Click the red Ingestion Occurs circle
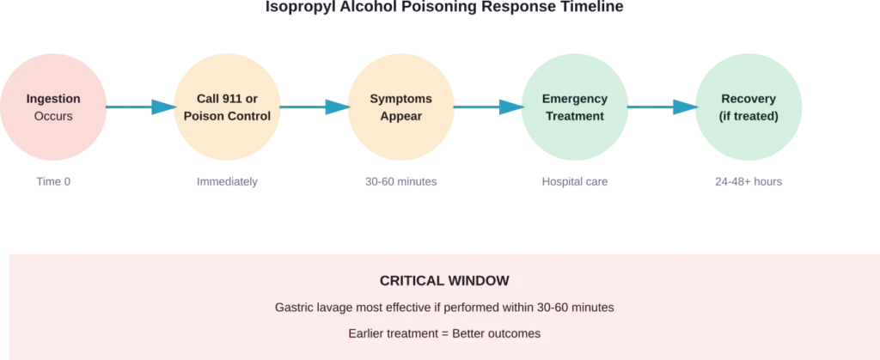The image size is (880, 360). (53, 107)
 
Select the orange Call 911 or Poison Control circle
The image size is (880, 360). (227, 107)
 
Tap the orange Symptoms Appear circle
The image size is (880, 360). (400, 107)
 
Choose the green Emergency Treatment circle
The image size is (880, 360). (574, 107)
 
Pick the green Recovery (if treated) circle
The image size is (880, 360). (748, 107)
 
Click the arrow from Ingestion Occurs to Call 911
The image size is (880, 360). (139, 107)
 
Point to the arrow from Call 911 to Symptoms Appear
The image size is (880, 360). (313, 107)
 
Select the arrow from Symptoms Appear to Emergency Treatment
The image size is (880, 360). (487, 107)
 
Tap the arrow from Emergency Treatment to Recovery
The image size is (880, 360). (661, 107)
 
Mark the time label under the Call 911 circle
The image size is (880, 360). (227, 183)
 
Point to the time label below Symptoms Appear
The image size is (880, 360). (400, 183)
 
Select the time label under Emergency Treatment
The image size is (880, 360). (574, 183)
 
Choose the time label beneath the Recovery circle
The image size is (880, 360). (748, 183)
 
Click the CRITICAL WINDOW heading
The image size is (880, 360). (444, 281)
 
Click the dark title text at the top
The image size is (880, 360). (440, 7)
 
